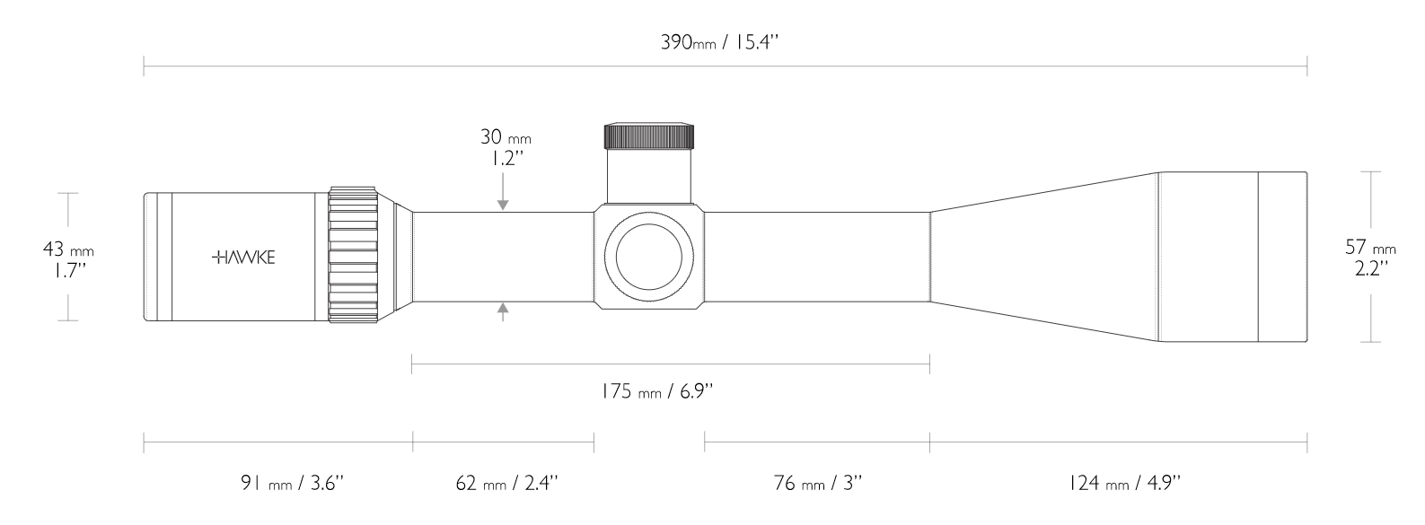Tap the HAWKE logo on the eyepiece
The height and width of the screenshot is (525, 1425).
point(243,258)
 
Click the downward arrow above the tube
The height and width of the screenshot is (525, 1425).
point(503,202)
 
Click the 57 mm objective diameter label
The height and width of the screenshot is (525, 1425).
point(1370,247)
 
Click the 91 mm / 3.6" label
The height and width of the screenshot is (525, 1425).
point(292,484)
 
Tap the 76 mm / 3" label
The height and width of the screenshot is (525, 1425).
point(817,484)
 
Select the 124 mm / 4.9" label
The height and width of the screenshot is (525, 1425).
point(1124,484)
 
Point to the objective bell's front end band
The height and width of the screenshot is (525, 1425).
point(1281,257)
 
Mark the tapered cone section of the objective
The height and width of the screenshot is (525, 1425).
point(1042,257)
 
